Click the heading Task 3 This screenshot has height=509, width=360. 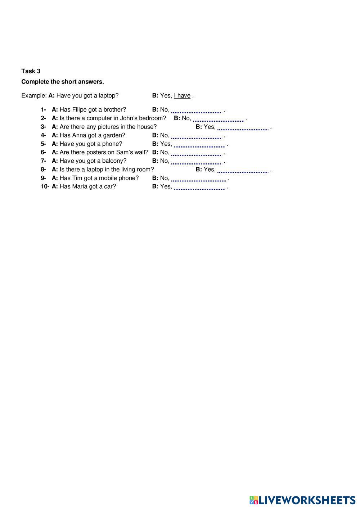coord(31,71)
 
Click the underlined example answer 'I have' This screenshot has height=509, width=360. coord(182,95)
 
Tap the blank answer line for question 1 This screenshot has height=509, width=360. coord(197,110)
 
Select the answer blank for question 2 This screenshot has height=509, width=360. coord(219,118)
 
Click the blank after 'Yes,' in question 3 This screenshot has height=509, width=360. coord(243,127)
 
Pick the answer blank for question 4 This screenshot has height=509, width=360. coord(197,136)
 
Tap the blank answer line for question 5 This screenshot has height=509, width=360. coord(199,144)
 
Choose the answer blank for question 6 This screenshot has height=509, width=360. coord(197,153)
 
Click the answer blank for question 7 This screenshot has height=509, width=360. coord(197,161)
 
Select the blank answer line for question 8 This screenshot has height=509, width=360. coord(243,170)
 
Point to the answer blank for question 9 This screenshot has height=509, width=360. coord(198,179)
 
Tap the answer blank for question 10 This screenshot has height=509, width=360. coord(199,187)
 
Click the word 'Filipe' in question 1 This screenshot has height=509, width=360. coord(79,109)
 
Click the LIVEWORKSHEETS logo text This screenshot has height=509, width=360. coord(307,500)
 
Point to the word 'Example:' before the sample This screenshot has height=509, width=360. coord(34,95)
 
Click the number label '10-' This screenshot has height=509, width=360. coord(45,186)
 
